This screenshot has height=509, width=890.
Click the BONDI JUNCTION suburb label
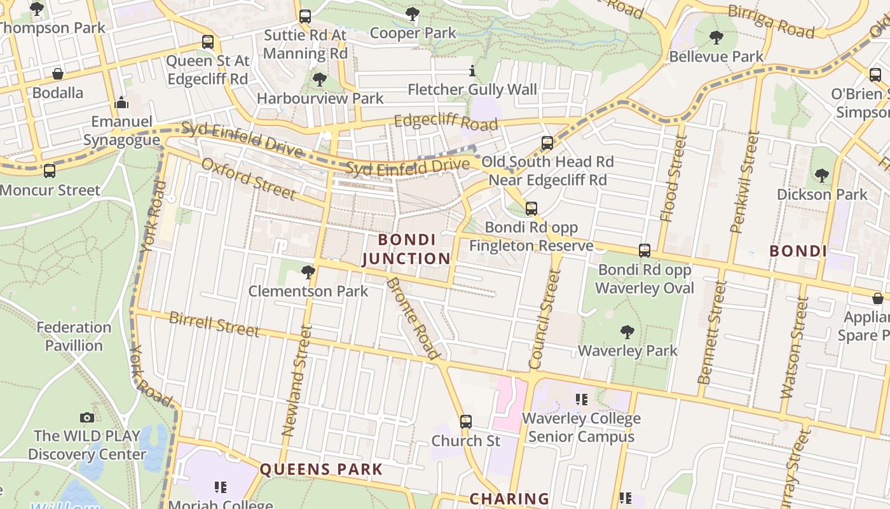406,249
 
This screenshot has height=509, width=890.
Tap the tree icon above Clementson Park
308,272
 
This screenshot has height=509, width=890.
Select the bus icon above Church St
466,421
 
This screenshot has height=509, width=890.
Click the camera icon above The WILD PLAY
87,417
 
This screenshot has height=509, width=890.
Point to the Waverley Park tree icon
627,331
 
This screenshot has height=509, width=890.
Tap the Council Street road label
545,319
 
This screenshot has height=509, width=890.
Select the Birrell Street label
214,324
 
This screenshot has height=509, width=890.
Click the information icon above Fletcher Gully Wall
472,71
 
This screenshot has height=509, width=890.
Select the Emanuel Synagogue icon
121,102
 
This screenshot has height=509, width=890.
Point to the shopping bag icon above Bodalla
58,74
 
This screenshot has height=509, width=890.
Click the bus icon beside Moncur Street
50,171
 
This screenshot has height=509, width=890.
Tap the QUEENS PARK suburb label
321,470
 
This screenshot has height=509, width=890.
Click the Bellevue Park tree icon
716,38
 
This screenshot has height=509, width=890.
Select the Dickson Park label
822,195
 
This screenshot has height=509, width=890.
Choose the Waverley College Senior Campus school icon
581,400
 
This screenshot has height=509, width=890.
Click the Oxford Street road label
249,179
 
